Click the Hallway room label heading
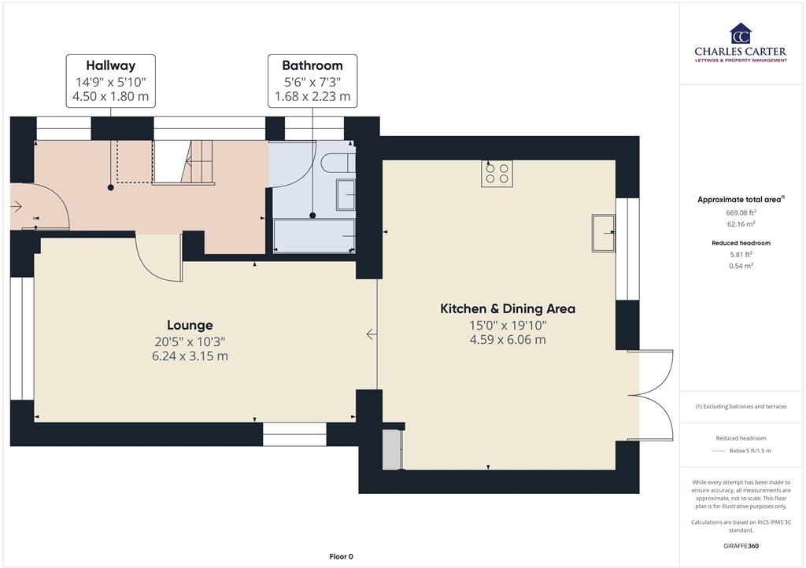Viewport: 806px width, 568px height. pyautogui.click(x=110, y=66)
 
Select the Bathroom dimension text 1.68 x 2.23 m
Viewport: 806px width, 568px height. pyautogui.click(x=312, y=98)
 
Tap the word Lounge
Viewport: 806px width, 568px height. pyautogui.click(x=190, y=325)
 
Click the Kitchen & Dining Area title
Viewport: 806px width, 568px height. pyautogui.click(x=507, y=308)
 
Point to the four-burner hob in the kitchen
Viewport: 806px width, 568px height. pyautogui.click(x=497, y=173)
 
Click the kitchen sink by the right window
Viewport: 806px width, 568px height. pyautogui.click(x=604, y=232)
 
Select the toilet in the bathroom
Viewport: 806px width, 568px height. pyautogui.click(x=337, y=162)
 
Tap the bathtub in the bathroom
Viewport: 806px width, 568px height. pyautogui.click(x=313, y=236)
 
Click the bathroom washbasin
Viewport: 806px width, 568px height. pyautogui.click(x=346, y=194)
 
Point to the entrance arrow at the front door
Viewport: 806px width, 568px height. pyautogui.click(x=17, y=207)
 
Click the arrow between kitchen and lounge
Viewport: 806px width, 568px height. pyautogui.click(x=372, y=334)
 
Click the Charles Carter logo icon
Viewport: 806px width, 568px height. pyautogui.click(x=740, y=34)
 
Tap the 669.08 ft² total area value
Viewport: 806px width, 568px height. pyautogui.click(x=741, y=212)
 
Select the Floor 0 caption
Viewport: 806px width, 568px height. pyautogui.click(x=341, y=557)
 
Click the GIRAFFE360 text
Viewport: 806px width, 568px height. pyautogui.click(x=741, y=546)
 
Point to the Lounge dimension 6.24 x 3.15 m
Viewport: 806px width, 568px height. pyautogui.click(x=190, y=356)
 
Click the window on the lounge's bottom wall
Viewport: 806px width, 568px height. pyautogui.click(x=294, y=434)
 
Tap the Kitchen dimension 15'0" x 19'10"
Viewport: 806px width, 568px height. pyautogui.click(x=507, y=325)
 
